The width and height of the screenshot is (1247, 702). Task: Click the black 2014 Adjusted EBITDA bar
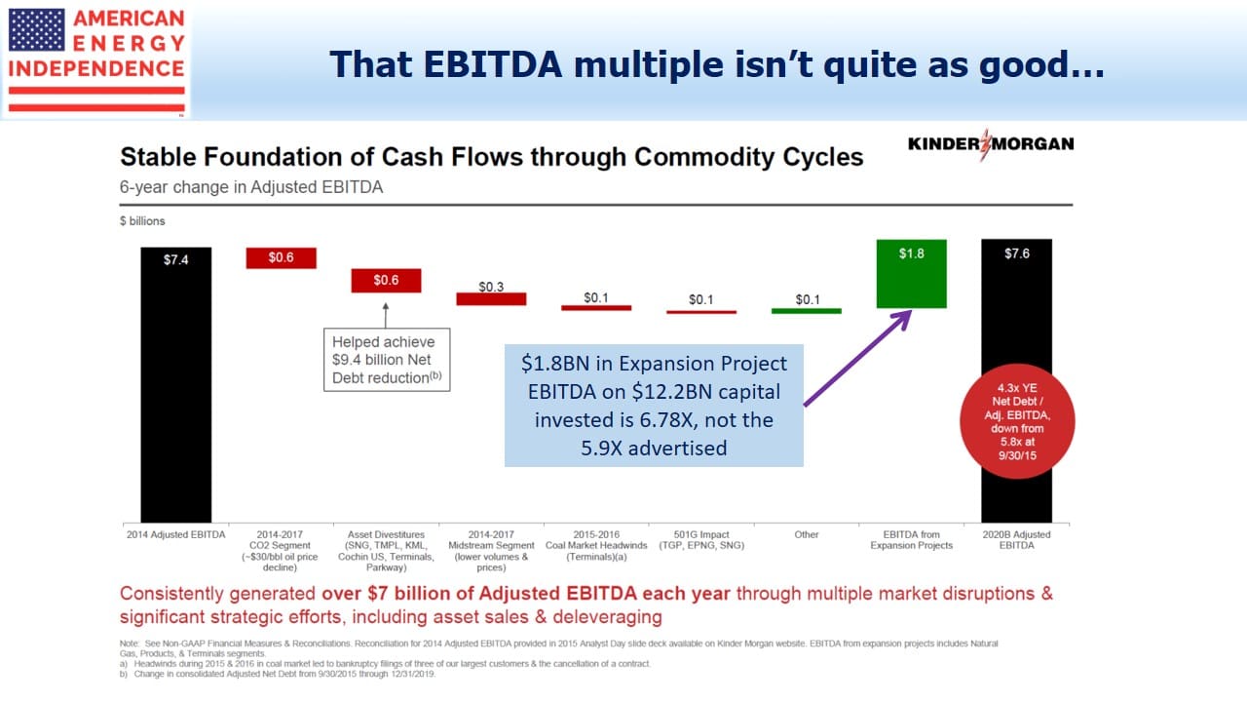point(176,384)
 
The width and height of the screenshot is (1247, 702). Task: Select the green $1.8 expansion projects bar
point(911,274)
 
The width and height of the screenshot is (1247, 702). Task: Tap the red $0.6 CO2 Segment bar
point(282,258)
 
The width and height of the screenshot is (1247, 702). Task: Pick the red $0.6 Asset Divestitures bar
point(386,280)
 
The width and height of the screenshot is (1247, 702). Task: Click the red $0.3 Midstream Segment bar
point(491,298)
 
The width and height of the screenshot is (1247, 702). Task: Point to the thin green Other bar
point(806,311)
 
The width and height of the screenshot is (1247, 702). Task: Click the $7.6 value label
point(1016,254)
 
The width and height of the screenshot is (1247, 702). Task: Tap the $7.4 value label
point(176,260)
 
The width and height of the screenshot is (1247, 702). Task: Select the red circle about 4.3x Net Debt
point(1017,421)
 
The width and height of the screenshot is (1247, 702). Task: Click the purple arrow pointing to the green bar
point(857,358)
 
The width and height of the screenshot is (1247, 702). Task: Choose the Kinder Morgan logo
point(991,144)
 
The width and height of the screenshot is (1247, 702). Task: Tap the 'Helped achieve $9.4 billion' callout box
point(387,360)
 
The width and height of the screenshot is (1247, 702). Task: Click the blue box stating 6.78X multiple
point(654,406)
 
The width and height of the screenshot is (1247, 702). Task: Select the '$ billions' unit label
point(142,221)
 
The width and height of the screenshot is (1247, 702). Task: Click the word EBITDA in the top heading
point(493,64)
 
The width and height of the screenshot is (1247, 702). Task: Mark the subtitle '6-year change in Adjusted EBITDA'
point(251,187)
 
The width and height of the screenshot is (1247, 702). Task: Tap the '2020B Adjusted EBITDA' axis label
point(1016,540)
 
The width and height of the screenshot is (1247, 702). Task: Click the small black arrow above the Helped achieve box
point(385,315)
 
